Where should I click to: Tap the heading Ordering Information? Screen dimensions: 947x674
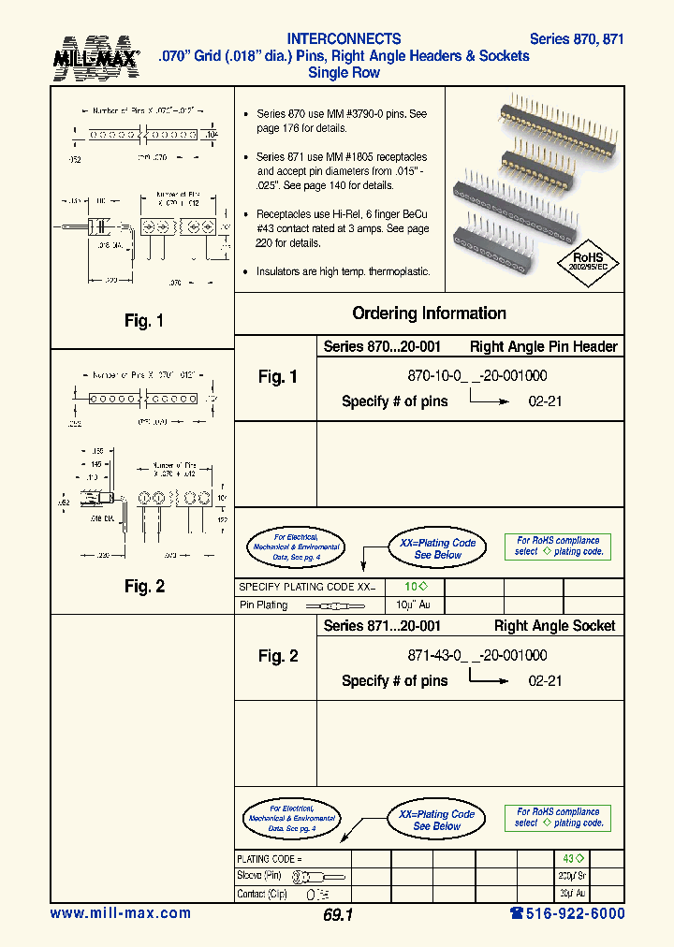coord(429,313)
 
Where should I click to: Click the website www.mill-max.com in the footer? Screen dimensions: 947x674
coord(120,913)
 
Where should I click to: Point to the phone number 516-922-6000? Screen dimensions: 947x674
coord(567,913)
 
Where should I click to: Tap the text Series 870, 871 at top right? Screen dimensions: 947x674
coord(577,39)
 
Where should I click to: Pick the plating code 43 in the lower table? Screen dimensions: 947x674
coord(572,858)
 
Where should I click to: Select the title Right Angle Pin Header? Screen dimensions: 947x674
coord(543,346)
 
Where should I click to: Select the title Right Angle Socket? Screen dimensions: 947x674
coord(554,626)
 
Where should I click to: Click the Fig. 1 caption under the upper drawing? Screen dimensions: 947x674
coord(144,321)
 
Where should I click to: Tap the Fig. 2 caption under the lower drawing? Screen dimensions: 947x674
coord(144,587)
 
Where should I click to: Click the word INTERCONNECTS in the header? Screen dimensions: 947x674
coord(344,39)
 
